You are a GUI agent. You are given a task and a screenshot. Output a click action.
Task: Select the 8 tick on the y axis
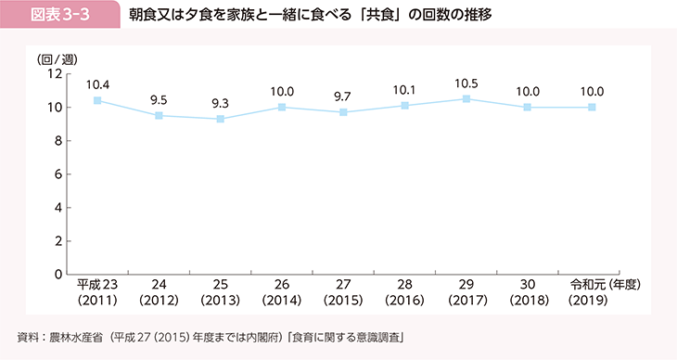click(57, 141)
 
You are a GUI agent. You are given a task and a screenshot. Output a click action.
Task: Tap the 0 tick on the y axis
click(57, 275)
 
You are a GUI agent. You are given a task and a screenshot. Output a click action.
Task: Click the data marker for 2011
click(97, 100)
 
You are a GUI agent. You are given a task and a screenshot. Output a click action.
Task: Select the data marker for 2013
click(220, 119)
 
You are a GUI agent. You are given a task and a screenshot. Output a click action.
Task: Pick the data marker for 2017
click(467, 98)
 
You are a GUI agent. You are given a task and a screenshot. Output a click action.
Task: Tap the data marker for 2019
click(592, 107)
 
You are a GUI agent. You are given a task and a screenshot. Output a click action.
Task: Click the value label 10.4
click(97, 84)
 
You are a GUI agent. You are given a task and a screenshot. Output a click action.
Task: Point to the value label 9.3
click(220, 103)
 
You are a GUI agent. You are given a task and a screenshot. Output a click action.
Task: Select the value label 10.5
click(467, 83)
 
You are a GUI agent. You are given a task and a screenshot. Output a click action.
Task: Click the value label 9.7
click(344, 96)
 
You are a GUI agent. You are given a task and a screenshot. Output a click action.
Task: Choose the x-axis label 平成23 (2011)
click(97, 292)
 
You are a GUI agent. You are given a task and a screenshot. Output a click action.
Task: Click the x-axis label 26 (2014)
click(282, 292)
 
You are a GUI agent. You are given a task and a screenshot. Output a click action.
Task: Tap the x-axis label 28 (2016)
click(405, 292)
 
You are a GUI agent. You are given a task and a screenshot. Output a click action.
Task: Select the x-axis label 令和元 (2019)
click(592, 292)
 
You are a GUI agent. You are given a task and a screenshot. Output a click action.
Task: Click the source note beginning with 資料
click(215, 335)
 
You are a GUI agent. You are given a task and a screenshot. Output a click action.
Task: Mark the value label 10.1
click(405, 90)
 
